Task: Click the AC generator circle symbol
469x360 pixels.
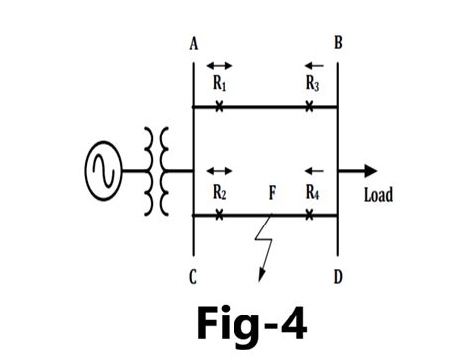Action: point(104,170)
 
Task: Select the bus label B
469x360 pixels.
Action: point(338,45)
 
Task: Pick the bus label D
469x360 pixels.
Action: point(338,277)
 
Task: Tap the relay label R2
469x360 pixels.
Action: point(220,192)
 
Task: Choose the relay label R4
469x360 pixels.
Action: point(312,192)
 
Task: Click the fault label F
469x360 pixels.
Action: point(271,192)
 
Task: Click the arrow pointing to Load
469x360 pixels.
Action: point(358,170)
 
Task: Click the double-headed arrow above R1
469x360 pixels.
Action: point(219,66)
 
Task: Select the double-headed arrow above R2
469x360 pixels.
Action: point(219,171)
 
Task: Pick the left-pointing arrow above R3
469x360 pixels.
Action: point(313,66)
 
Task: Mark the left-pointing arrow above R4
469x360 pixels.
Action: point(313,171)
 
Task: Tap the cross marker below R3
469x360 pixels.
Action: point(310,106)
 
